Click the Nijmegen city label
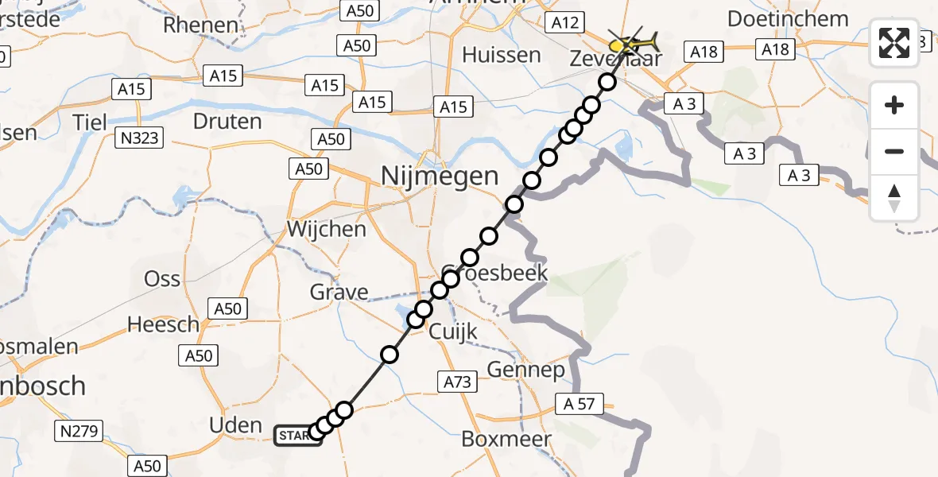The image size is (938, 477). (x=440, y=175)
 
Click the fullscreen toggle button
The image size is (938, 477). (x=894, y=43)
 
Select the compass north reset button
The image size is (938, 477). (x=894, y=198)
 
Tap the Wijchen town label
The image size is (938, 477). (x=327, y=230)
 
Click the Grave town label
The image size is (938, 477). (x=339, y=292)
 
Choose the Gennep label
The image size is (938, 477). (x=525, y=370)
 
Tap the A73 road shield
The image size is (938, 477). (x=458, y=382)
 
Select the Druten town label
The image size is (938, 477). (x=227, y=122)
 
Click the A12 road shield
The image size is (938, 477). (x=565, y=23)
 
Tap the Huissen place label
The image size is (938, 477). (x=502, y=56)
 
